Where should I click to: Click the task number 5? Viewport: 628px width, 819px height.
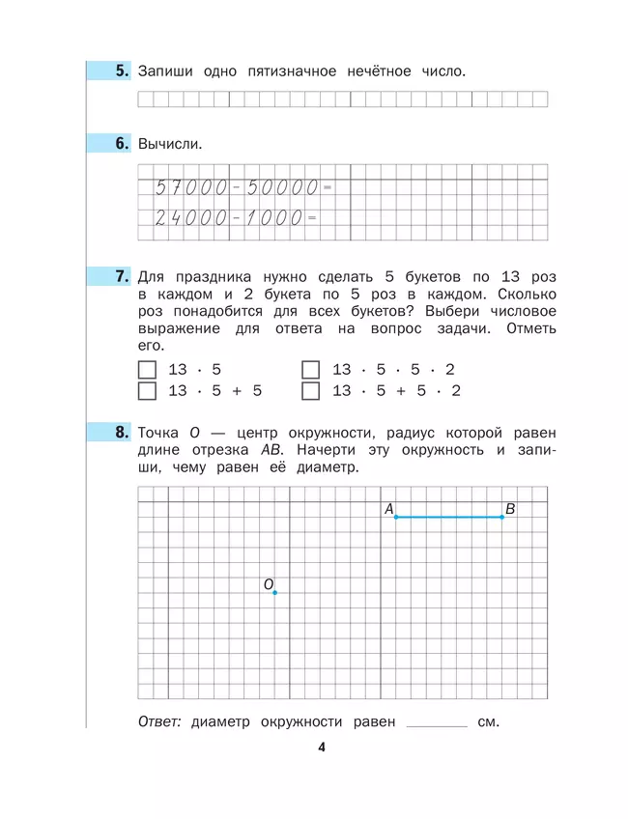point(122,71)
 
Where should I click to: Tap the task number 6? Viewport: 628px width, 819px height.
point(122,144)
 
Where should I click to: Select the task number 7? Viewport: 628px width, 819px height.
point(122,276)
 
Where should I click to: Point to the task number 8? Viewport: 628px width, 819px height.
point(122,433)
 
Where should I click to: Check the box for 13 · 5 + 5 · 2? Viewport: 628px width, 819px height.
point(310,391)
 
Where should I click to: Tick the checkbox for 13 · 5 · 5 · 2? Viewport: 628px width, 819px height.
point(310,370)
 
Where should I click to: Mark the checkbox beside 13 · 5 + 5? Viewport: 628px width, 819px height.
point(147,391)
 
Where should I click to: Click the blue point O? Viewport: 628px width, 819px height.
point(275,592)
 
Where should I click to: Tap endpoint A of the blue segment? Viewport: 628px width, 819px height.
point(395,517)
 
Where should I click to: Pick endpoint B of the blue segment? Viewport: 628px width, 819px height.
point(502,517)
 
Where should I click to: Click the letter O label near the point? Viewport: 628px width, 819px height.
point(269,583)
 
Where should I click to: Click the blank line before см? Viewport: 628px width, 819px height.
point(438,723)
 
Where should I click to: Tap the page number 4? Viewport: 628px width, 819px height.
point(322,747)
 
